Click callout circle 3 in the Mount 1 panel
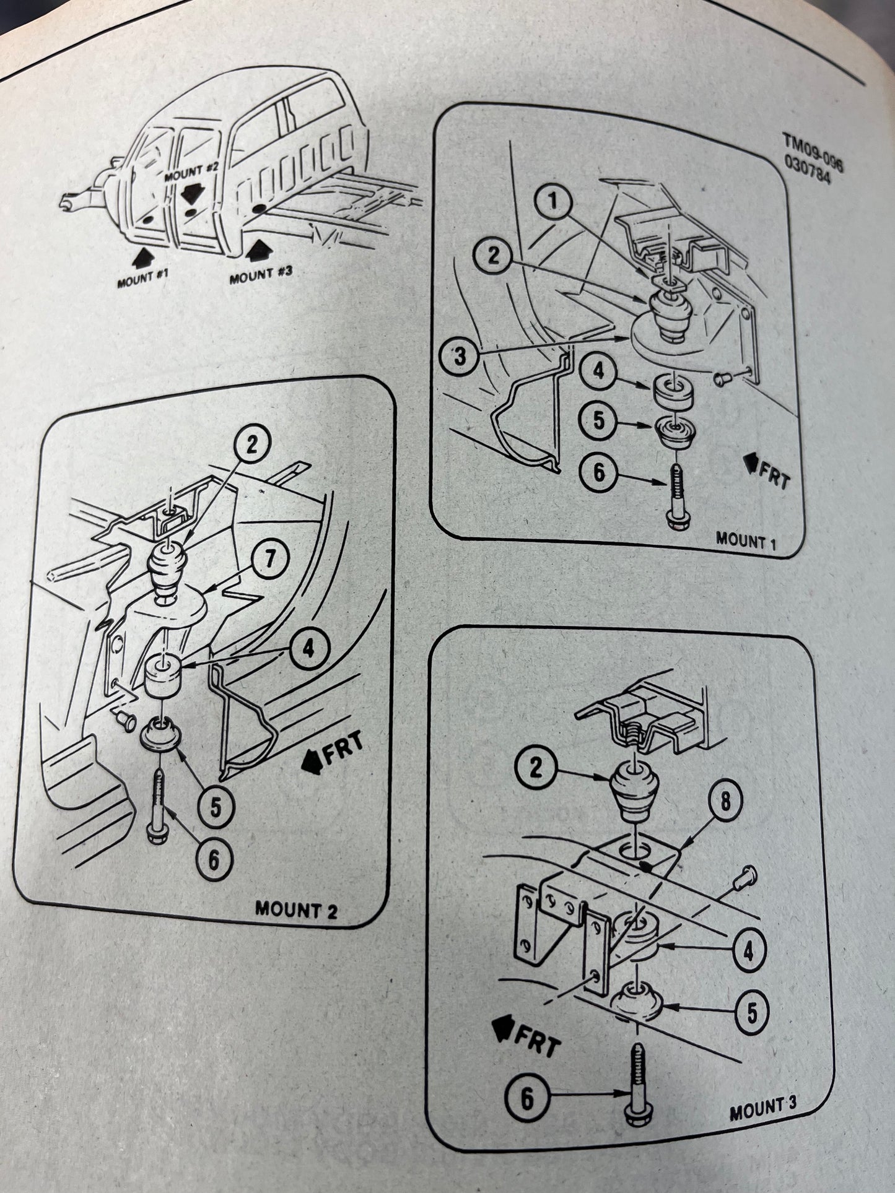point(460,357)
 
